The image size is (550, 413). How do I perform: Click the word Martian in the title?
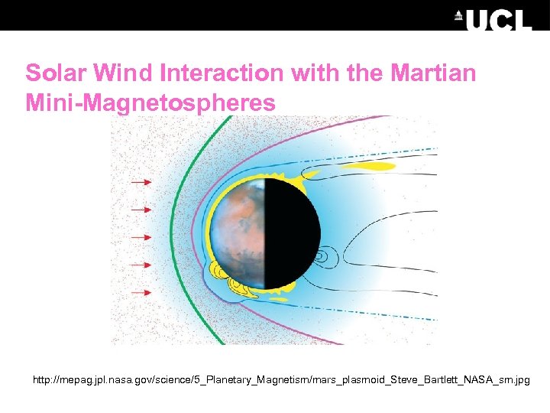(433, 73)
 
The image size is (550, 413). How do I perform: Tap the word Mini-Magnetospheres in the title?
(150, 102)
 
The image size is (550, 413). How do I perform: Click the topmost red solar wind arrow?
(141, 183)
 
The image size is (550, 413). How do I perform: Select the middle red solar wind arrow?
(141, 237)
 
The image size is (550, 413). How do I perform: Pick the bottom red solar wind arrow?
(141, 292)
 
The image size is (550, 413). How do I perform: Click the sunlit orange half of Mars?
(238, 229)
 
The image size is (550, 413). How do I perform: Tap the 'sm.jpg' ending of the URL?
(512, 379)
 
